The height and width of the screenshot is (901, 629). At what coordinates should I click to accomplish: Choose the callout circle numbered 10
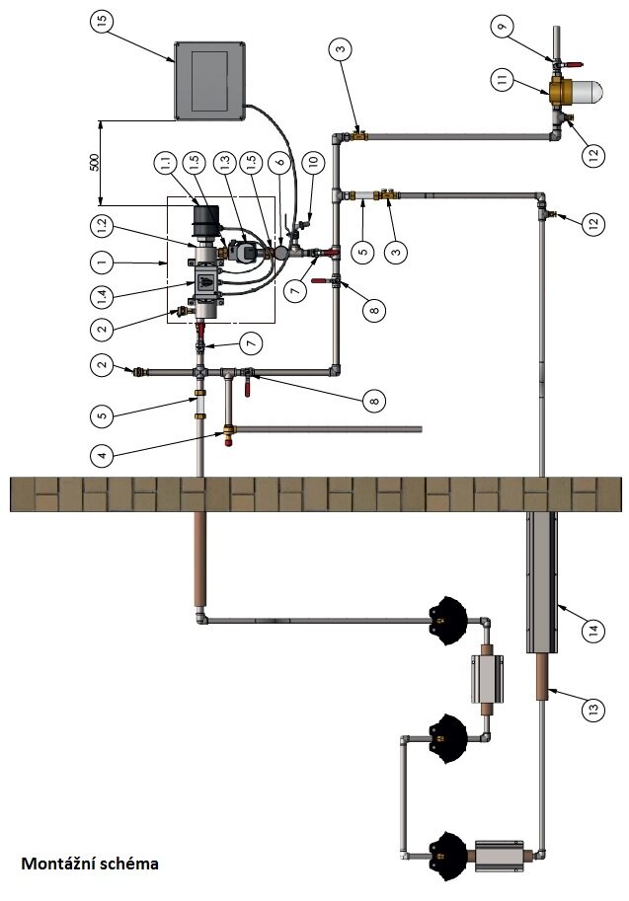click(313, 160)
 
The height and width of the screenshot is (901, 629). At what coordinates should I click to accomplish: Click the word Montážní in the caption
click(57, 863)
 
